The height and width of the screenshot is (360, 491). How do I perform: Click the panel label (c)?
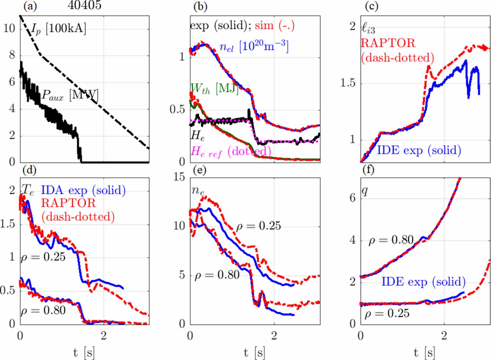click(x=371, y=6)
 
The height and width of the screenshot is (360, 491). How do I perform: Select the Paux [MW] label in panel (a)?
click(x=70, y=95)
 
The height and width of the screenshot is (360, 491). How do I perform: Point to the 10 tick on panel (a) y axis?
click(x=9, y=29)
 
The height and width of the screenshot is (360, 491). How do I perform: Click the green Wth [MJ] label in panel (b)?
click(x=214, y=88)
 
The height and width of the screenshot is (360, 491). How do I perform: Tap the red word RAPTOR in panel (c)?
click(x=388, y=43)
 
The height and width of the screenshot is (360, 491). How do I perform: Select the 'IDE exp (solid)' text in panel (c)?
click(x=419, y=150)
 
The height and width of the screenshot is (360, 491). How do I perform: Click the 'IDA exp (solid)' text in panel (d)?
click(x=83, y=190)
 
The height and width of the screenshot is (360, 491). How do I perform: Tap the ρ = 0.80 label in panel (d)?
click(x=43, y=310)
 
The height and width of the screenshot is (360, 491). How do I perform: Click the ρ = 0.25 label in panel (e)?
click(x=258, y=226)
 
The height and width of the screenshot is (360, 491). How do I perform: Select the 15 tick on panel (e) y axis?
click(x=180, y=177)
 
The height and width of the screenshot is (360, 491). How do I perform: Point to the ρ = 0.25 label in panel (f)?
click(x=387, y=313)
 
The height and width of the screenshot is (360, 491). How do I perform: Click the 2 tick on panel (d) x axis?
click(x=104, y=336)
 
